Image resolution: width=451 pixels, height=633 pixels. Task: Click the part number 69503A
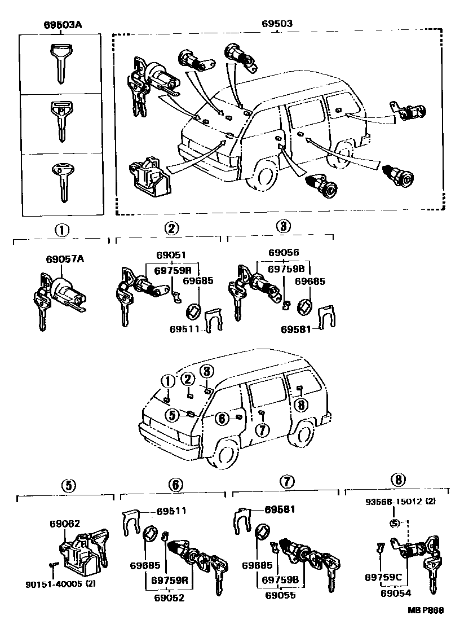click(62, 25)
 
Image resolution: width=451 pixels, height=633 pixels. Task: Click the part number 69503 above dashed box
click(277, 25)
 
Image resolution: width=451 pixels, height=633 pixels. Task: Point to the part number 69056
click(284, 253)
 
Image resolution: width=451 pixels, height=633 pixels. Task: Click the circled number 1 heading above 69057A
click(61, 230)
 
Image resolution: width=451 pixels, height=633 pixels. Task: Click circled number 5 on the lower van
click(172, 415)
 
